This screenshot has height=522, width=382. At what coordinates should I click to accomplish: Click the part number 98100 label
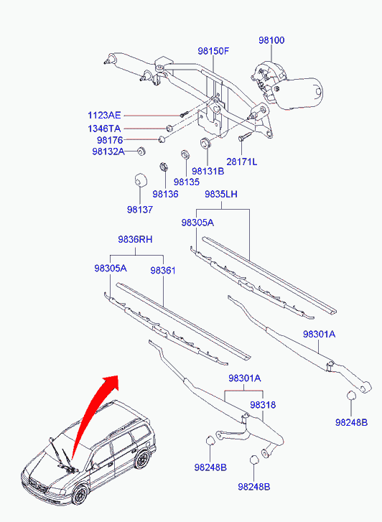271,40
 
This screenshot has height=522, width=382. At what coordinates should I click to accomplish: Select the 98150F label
213,51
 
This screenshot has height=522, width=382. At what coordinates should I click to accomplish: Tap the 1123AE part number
104,116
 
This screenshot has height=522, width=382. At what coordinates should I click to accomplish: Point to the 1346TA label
104,129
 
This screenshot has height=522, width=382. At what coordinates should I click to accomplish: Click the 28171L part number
242,162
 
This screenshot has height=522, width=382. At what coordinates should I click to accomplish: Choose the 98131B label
208,171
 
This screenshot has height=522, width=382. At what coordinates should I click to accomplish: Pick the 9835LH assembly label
221,194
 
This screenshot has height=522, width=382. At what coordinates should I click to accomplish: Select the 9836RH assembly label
135,239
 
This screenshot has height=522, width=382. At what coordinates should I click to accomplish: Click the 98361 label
163,271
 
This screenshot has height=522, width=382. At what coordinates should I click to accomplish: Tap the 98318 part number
263,405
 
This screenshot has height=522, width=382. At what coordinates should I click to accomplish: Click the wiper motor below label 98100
286,85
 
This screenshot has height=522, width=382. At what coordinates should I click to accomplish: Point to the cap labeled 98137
140,180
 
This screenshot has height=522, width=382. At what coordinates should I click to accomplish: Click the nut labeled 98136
164,166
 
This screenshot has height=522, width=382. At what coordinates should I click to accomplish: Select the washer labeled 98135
185,154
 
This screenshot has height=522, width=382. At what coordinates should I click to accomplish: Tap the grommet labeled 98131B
205,143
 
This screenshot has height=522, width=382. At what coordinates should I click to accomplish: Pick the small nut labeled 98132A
142,151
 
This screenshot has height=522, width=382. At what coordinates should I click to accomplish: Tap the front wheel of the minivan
80,495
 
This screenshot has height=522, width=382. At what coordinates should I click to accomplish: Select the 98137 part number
140,210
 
